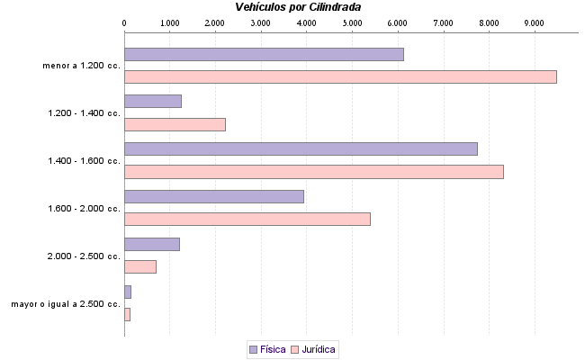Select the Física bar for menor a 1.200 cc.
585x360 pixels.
click(x=264, y=54)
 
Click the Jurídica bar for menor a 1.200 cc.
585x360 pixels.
click(x=340, y=77)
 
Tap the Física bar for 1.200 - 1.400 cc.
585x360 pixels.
click(x=153, y=101)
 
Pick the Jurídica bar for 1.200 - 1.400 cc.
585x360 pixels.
click(x=175, y=124)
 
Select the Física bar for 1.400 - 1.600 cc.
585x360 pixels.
click(x=301, y=148)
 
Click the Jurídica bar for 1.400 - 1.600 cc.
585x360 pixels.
click(x=313, y=172)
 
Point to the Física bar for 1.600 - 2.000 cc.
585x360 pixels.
click(x=214, y=196)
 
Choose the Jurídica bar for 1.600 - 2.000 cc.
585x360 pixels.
click(x=247, y=219)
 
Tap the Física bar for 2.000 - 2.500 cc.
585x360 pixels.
click(x=152, y=244)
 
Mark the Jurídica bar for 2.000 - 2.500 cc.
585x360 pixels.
click(x=140, y=266)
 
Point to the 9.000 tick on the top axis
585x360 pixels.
click(x=534, y=22)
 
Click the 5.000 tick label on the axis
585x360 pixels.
click(x=352, y=22)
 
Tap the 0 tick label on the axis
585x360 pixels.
click(x=124, y=22)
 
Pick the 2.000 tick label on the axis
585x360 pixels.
click(x=215, y=22)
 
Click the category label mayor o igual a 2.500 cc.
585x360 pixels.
click(x=66, y=304)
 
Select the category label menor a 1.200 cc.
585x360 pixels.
click(x=82, y=66)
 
